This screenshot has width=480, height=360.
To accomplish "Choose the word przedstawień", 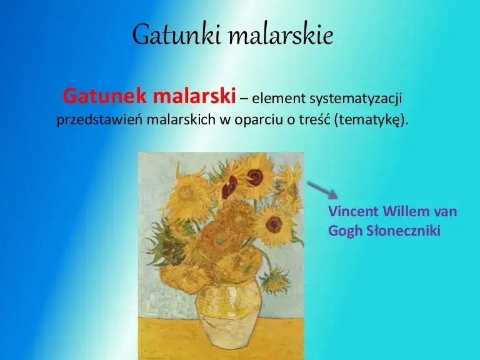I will [x=99, y=120].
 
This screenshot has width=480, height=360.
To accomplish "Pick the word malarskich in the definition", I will [x=181, y=120].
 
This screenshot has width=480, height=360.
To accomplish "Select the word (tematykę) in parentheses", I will [x=372, y=120].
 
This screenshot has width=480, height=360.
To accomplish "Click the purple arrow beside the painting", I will [x=322, y=189].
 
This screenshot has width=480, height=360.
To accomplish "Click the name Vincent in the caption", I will [x=352, y=211].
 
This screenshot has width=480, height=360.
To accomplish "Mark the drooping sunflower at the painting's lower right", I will [x=275, y=281].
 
